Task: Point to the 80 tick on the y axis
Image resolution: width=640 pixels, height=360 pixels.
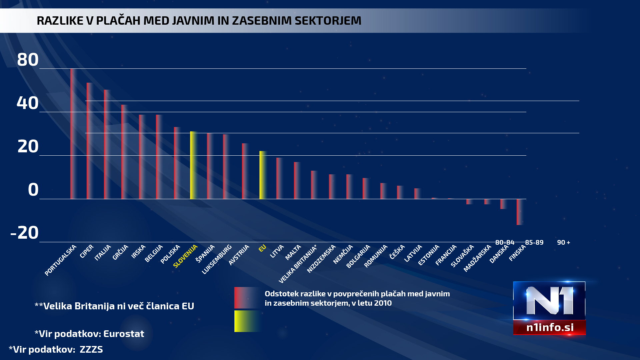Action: coord(28,60)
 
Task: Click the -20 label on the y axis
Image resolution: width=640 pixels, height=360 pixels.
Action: coord(25,233)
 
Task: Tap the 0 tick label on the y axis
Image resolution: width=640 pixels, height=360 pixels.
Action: coord(33,190)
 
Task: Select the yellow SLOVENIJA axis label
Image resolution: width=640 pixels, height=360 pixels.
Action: coord(186,256)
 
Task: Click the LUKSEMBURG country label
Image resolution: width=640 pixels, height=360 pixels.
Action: coord(217,259)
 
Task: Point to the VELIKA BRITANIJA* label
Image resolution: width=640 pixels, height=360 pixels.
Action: coord(297,264)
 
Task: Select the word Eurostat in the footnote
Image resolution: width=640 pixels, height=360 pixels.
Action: coord(124,334)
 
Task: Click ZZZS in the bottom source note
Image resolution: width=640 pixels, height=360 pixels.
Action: coord(91,349)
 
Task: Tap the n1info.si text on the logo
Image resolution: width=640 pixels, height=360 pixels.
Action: coord(550,327)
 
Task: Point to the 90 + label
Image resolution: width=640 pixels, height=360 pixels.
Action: coord(563,242)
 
